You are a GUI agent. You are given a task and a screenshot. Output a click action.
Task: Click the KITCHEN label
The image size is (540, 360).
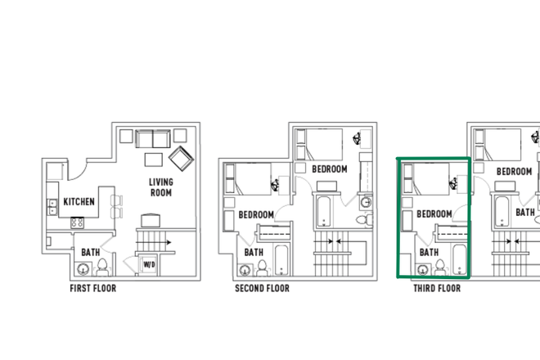79,201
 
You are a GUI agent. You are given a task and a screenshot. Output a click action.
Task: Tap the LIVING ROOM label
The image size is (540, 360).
160,187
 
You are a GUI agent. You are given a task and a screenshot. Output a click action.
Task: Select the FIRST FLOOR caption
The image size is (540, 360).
92,288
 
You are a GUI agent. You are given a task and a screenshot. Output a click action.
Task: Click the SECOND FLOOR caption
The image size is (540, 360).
262,288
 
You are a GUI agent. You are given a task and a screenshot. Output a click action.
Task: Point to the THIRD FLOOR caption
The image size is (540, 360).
436,288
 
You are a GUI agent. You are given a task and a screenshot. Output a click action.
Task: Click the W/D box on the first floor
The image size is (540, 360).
149,265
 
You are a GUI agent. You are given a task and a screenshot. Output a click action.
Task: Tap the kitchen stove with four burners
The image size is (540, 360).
79,222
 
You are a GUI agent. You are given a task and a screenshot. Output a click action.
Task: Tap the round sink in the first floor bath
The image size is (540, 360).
84,269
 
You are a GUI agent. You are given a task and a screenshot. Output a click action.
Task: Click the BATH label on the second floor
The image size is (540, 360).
254,252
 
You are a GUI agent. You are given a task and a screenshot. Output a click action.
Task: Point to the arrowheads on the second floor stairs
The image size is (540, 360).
334,241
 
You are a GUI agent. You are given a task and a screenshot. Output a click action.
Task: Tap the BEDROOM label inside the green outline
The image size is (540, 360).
434,214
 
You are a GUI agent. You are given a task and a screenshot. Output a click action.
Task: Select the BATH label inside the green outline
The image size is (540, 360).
430,252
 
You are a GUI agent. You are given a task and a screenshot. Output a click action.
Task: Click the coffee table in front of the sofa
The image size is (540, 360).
155,159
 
